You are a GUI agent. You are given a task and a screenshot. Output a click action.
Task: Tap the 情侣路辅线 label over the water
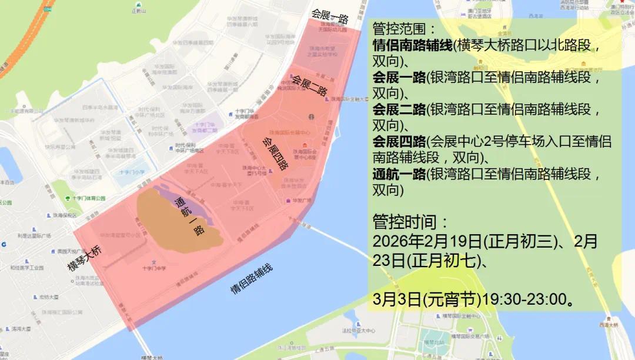[252, 279]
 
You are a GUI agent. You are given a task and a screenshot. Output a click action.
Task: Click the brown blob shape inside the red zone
[176, 221]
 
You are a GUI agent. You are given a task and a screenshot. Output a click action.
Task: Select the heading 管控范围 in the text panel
[405, 29]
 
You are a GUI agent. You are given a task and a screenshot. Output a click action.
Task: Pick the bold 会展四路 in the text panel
[399, 141]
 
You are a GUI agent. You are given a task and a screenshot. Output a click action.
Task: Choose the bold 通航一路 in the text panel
[399, 174]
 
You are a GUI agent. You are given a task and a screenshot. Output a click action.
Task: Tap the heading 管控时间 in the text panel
[410, 222]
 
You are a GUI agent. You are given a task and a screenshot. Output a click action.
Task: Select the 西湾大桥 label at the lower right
[608, 325]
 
